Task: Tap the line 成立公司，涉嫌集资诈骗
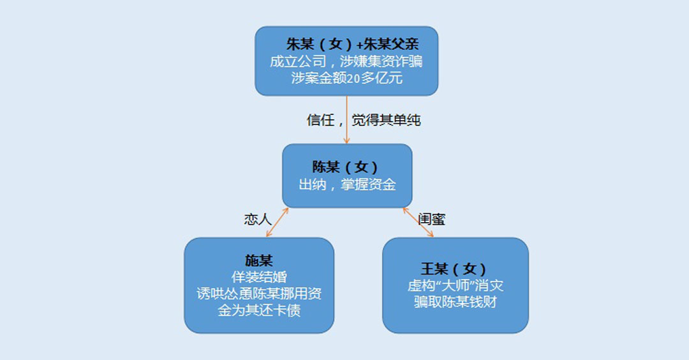[346, 61]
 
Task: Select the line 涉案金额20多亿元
[346, 78]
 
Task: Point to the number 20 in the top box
[353, 79]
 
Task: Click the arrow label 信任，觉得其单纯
[364, 119]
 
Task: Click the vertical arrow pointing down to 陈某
[346, 119]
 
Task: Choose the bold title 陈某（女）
[345, 167]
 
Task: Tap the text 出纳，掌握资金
[347, 184]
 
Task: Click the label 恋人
[258, 219]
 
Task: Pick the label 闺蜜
[432, 219]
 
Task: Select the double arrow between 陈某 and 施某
[278, 222]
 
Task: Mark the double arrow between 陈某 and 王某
[419, 222]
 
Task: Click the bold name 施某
[259, 260]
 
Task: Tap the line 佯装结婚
[259, 277]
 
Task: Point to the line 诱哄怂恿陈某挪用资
[259, 294]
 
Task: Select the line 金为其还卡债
[259, 310]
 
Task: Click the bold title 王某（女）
[454, 269]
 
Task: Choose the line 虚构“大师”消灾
[456, 286]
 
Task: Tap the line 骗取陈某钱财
[456, 302]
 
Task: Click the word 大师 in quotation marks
[456, 286]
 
